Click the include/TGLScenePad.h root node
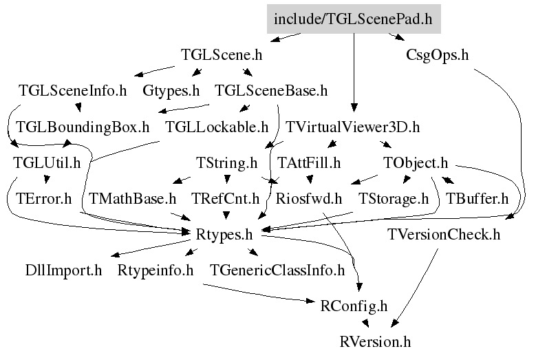tap(354, 19)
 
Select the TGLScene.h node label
tap(222, 54)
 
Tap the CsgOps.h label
tap(437, 55)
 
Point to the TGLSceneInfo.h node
tap(72, 91)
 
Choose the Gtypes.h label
tap(171, 91)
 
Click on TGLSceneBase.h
tap(271, 91)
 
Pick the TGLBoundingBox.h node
tap(83, 127)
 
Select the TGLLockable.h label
tap(217, 127)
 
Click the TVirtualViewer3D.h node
tap(352, 127)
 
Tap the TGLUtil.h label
tap(47, 162)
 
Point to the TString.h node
tap(226, 163)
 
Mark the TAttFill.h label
tap(309, 162)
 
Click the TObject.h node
tap(416, 163)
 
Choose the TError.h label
tap(44, 199)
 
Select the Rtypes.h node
tap(224, 235)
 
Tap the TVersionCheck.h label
tap(444, 235)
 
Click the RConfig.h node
tap(354, 306)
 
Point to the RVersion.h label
tap(375, 342)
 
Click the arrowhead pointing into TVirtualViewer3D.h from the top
tap(354, 107)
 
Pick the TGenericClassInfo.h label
tap(277, 271)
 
